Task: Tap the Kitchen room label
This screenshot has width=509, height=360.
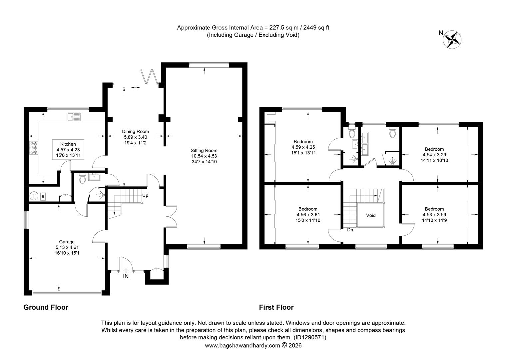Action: (x=68, y=144)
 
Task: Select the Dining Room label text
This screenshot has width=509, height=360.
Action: (x=136, y=131)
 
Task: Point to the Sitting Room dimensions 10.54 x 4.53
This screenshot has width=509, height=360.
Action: (x=204, y=156)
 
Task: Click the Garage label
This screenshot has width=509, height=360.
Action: (x=67, y=242)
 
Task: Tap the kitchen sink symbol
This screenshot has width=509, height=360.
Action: (x=74, y=117)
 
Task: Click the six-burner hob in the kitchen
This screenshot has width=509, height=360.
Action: (x=34, y=148)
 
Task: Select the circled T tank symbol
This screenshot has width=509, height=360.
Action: (x=34, y=196)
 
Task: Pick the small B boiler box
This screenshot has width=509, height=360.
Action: (x=43, y=197)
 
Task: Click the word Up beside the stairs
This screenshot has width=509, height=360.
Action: (x=145, y=196)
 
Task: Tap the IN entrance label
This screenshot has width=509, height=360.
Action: (x=126, y=276)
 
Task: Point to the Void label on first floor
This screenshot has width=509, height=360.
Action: (x=371, y=215)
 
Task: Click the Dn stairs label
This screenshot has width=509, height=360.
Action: (x=350, y=230)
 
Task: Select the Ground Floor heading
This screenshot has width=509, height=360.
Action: (x=46, y=307)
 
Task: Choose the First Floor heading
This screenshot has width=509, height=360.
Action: (x=276, y=307)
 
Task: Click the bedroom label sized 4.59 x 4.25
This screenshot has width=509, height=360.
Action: (x=303, y=147)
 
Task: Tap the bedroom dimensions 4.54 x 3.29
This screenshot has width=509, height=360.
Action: (x=434, y=155)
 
